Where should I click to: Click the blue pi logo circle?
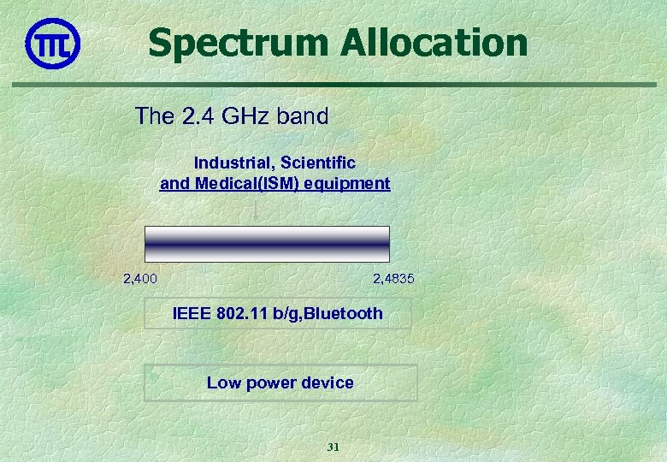pos(53,44)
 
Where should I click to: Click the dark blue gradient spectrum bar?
pos(267,244)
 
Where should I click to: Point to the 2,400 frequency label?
pos(140,279)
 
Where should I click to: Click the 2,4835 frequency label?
pos(394,279)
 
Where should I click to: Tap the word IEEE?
pos(192,313)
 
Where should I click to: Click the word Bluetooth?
pos(343,313)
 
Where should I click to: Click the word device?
pos(328,382)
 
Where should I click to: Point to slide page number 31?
pos(333,447)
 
